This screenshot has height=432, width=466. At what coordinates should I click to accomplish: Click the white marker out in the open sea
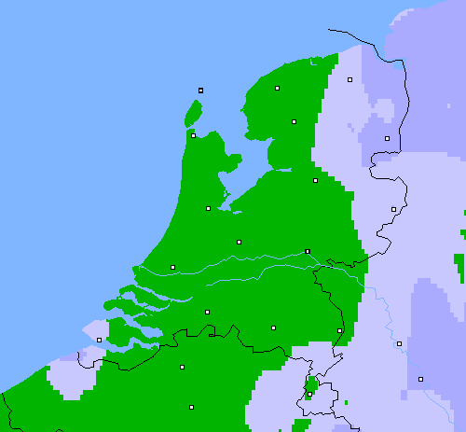[x=200, y=91]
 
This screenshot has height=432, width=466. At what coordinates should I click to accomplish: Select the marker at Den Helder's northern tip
[x=193, y=135]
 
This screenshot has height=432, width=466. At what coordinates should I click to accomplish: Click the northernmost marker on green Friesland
[x=277, y=89]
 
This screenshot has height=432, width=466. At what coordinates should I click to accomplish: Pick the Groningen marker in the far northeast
[x=349, y=80]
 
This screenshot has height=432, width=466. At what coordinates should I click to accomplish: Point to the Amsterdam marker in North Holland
[x=208, y=208]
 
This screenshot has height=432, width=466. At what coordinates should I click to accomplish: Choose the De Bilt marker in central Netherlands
[x=239, y=242]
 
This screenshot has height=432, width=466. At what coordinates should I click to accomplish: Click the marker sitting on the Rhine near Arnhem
[x=307, y=251]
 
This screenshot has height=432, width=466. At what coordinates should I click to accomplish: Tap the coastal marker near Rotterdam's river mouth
[x=172, y=267]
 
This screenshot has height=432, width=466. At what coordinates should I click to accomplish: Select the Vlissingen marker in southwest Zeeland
[x=100, y=340]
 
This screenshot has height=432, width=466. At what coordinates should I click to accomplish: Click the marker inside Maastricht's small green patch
[x=309, y=394]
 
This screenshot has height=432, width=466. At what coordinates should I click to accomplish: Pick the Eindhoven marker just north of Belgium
[x=273, y=327]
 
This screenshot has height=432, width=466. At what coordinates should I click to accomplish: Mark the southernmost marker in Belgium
[x=191, y=407]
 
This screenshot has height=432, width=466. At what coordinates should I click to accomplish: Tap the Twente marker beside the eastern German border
[x=393, y=209]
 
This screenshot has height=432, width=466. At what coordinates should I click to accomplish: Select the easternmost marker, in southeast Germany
[x=420, y=379]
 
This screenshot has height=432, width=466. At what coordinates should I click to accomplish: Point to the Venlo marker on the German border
[x=339, y=330]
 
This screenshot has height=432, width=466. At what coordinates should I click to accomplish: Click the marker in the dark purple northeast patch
[x=387, y=139]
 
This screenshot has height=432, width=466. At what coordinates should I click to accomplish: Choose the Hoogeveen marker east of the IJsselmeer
[x=315, y=180]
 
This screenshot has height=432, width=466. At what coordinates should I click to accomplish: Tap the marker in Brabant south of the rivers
[x=207, y=312]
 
